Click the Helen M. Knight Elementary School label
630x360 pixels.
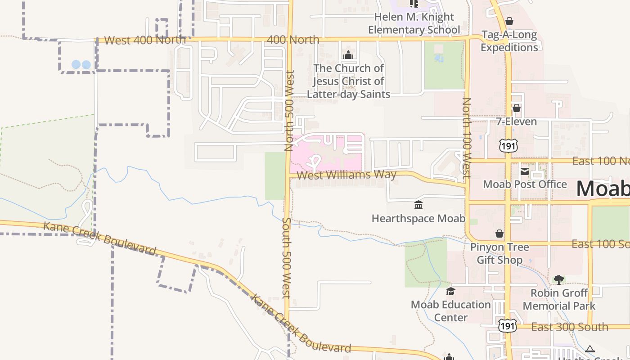[414, 23]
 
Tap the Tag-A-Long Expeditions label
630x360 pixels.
[509, 41]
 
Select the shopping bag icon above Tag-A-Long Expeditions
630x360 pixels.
[509, 21]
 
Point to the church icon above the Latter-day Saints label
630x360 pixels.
[348, 55]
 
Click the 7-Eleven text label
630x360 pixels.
[517, 121]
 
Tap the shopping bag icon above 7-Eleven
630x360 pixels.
[517, 108]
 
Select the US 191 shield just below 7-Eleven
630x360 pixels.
[508, 145]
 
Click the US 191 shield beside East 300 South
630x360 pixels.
[507, 326]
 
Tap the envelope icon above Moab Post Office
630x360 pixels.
[525, 171]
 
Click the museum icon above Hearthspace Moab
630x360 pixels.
[418, 205]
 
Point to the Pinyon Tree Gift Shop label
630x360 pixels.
[499, 253]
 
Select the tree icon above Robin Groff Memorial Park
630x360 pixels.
[559, 280]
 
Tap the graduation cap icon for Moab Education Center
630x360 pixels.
[450, 291]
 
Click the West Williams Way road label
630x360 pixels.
[346, 175]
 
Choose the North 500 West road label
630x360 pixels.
[289, 110]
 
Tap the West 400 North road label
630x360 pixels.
[145, 40]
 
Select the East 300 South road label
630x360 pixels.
[570, 327]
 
